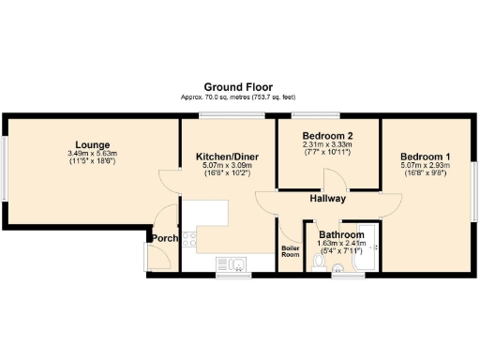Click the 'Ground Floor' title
click(240, 86)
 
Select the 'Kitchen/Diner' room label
click(227, 157)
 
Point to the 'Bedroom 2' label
click(328, 137)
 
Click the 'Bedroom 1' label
click(426, 157)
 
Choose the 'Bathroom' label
click(341, 234)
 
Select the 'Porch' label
click(165, 238)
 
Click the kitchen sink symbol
click(229, 262)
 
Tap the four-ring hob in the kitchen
click(191, 240)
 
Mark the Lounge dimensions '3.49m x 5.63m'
click(89, 154)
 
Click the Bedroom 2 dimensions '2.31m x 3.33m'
click(328, 145)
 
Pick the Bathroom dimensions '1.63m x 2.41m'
click(341, 243)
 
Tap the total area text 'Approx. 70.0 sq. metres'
click(211, 97)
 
